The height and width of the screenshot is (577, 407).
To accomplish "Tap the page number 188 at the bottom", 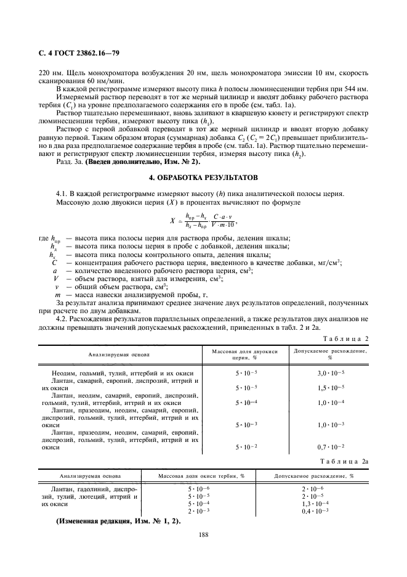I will tap(203, 535).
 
